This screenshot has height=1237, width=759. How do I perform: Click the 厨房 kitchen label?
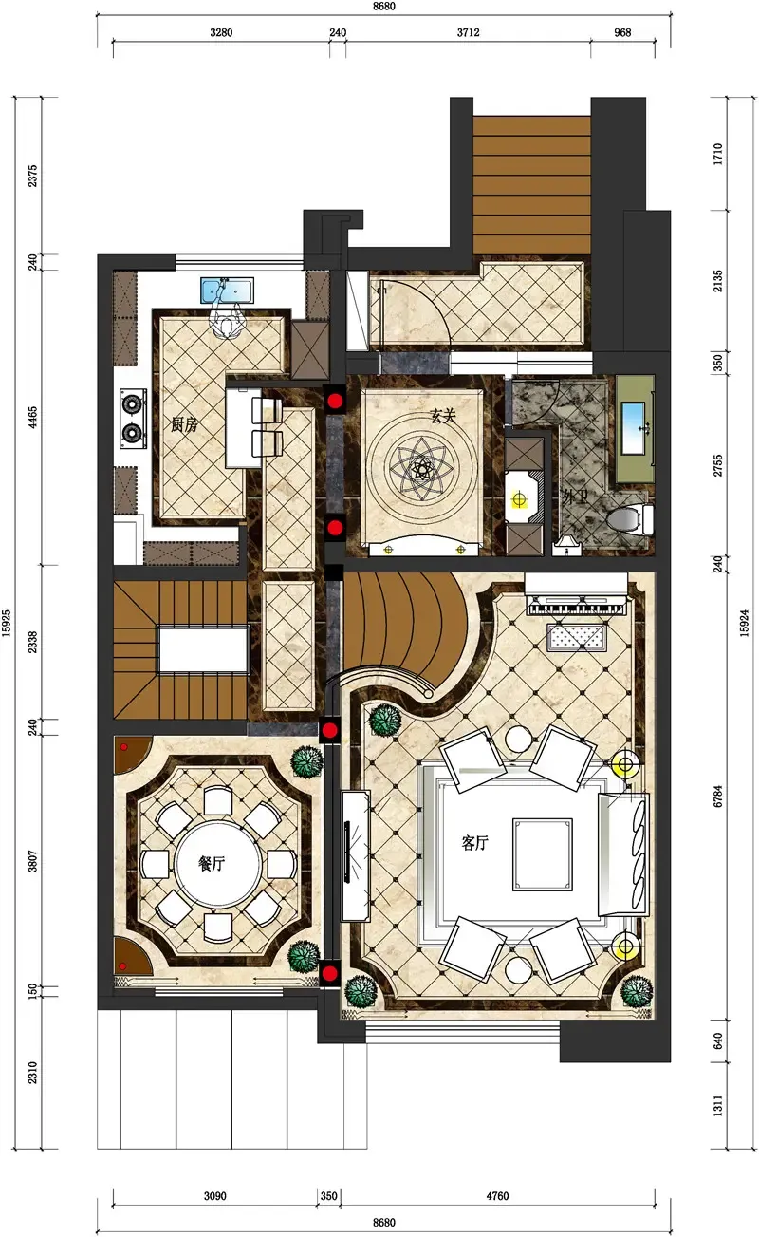pyautogui.click(x=184, y=424)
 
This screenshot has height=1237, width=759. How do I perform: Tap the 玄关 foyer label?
pyautogui.click(x=443, y=415)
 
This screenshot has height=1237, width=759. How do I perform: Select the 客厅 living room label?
pyautogui.click(x=474, y=842)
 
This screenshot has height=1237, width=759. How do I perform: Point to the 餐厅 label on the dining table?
pyautogui.click(x=212, y=863)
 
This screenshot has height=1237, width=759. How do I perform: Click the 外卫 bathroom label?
pyautogui.click(x=575, y=497)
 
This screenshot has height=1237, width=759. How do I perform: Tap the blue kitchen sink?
pyautogui.click(x=228, y=290)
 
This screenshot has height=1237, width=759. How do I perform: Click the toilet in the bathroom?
pyautogui.click(x=629, y=518)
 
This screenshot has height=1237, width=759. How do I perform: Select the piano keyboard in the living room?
pyautogui.click(x=577, y=607)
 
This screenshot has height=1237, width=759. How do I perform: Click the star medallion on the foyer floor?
pyautogui.click(x=422, y=469)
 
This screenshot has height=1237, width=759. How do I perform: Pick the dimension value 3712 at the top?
pyautogui.click(x=468, y=32)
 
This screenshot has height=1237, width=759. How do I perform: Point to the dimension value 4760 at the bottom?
pyautogui.click(x=497, y=1196)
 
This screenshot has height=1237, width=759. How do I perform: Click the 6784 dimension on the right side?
pyautogui.click(x=717, y=796)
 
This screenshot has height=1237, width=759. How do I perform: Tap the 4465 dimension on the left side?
pyautogui.click(x=32, y=418)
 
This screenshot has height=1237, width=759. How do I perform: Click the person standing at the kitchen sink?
pyautogui.click(x=227, y=320)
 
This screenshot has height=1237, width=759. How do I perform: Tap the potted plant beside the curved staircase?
pyautogui.click(x=384, y=721)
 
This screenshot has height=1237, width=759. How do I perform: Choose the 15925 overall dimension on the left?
pyautogui.click(x=6, y=623)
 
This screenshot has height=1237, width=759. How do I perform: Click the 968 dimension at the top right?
pyautogui.click(x=622, y=32)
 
